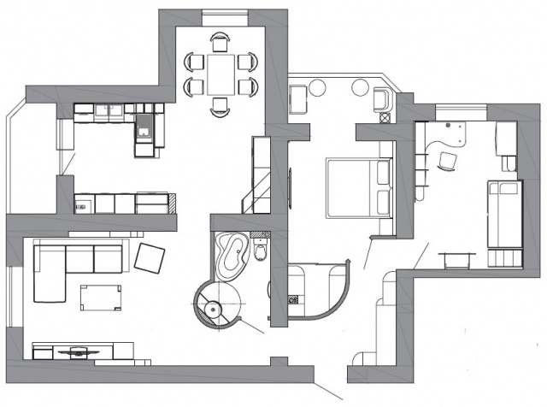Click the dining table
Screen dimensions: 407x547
[x=221, y=74]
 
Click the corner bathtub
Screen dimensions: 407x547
[x=232, y=254]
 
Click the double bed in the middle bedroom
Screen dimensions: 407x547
[x=356, y=187]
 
